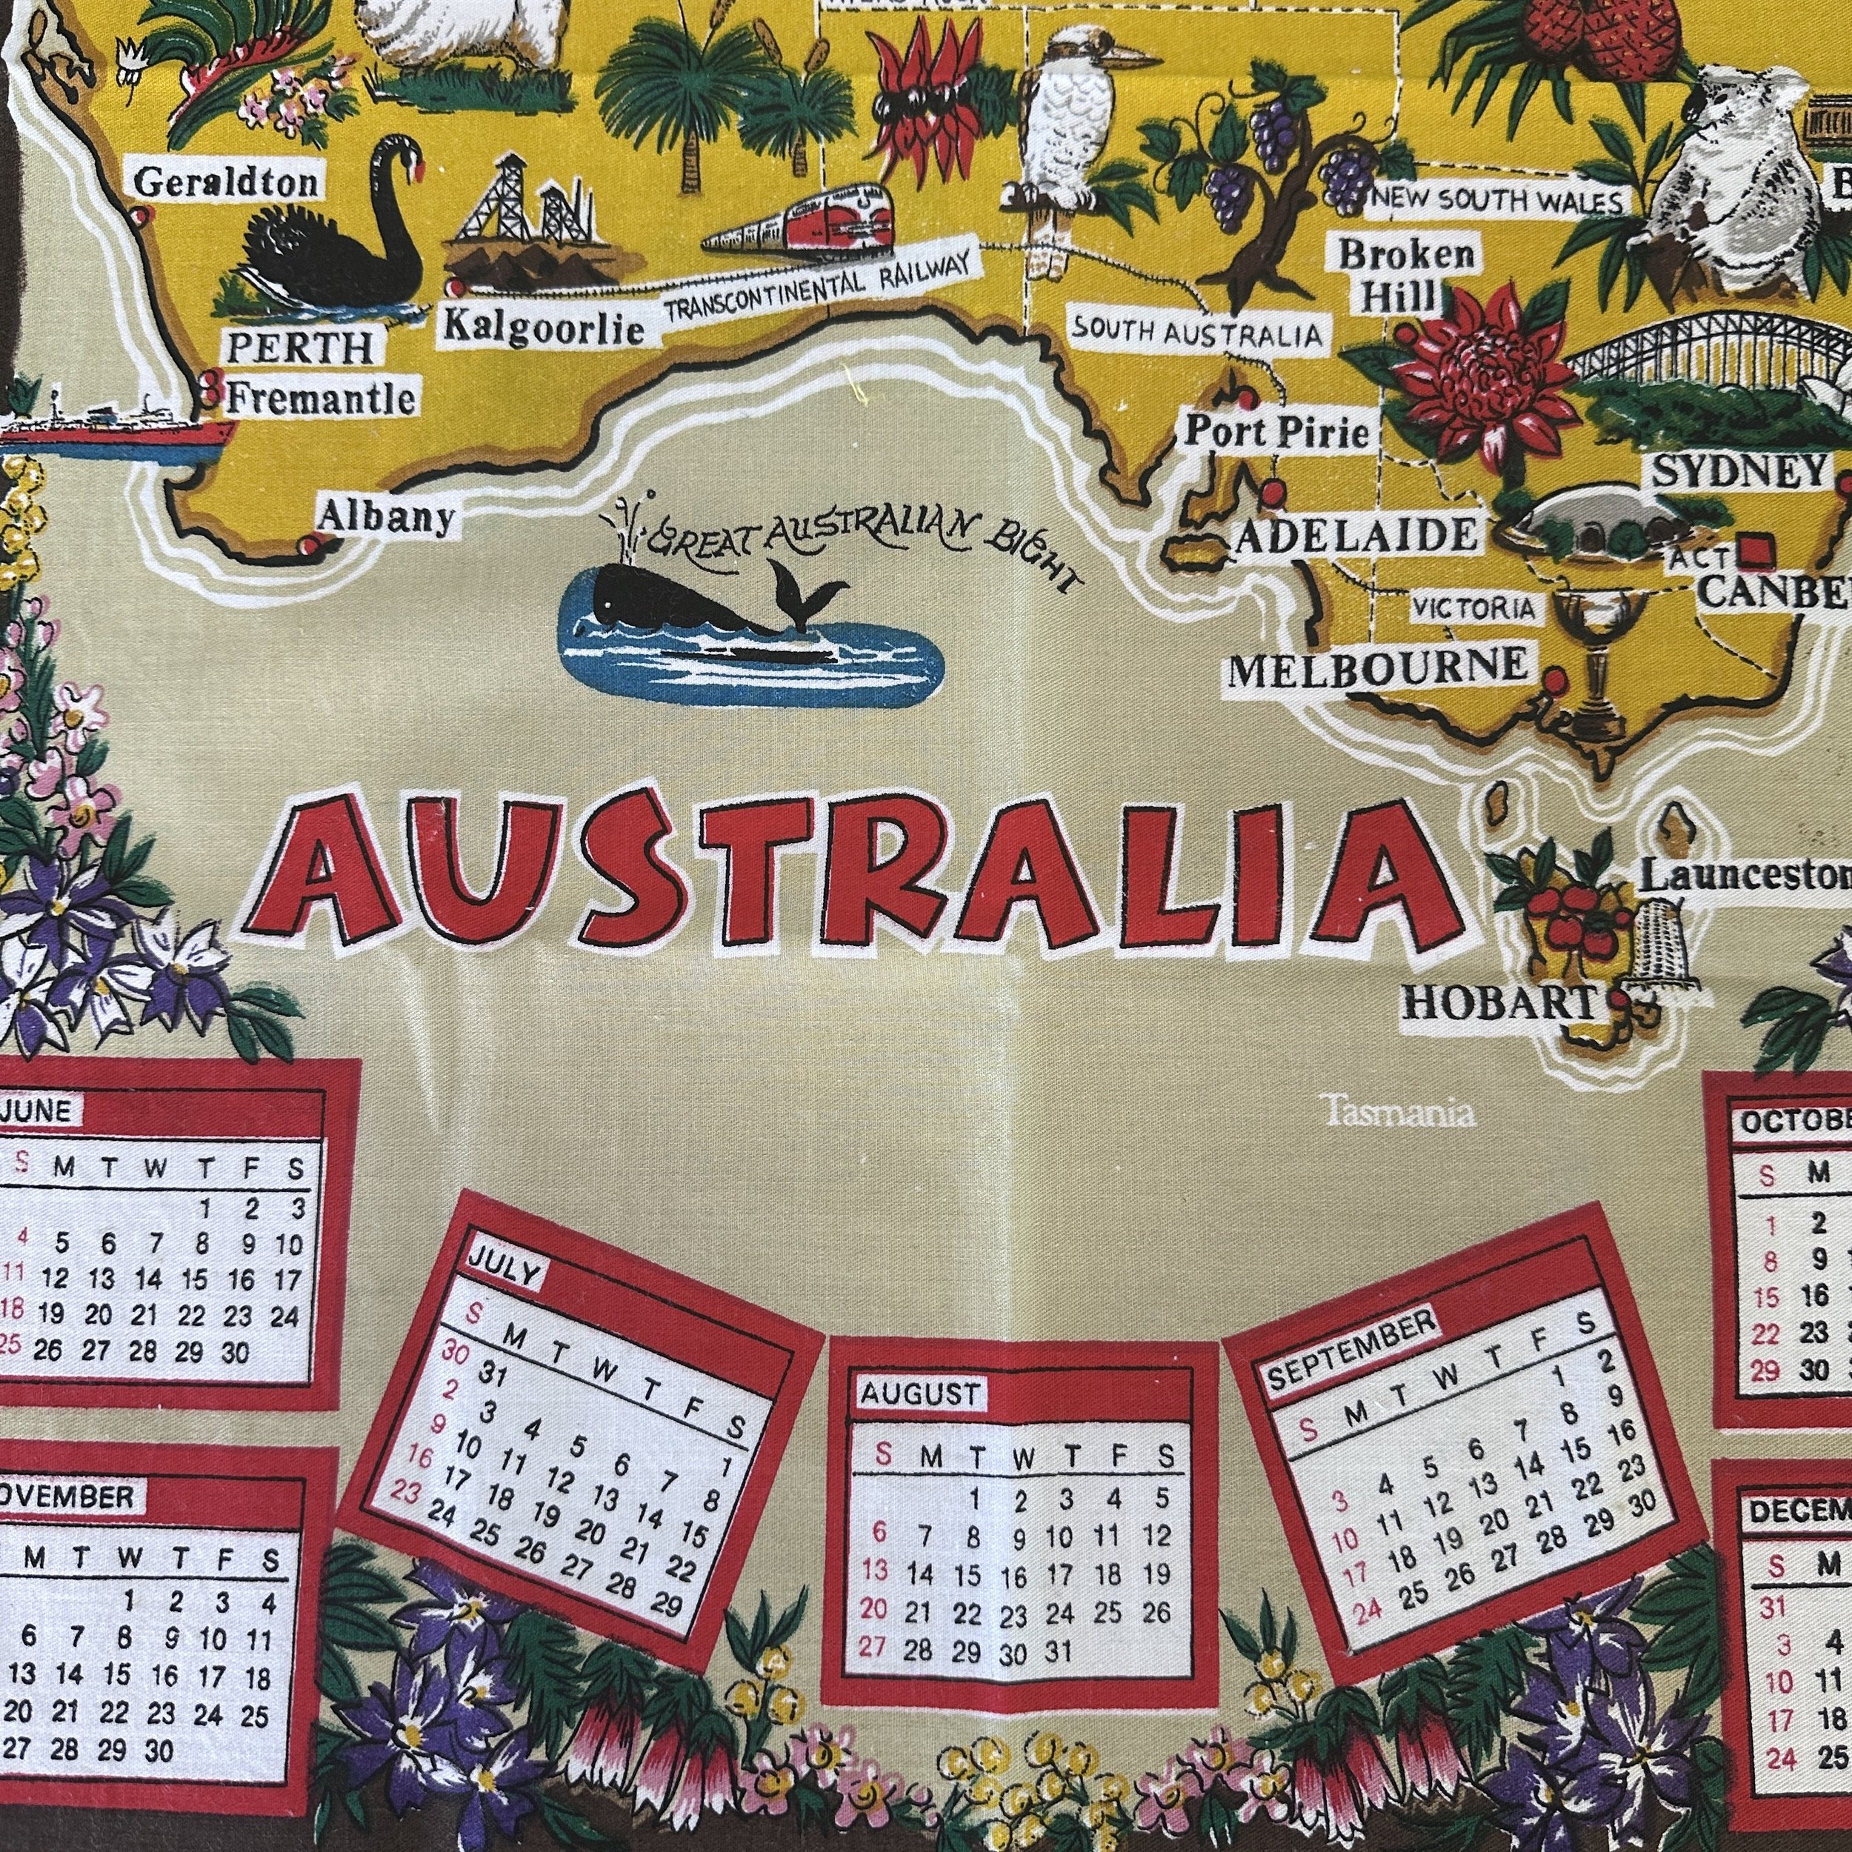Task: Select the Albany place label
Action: [x=385, y=518]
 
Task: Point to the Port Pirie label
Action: [x=1278, y=431]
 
